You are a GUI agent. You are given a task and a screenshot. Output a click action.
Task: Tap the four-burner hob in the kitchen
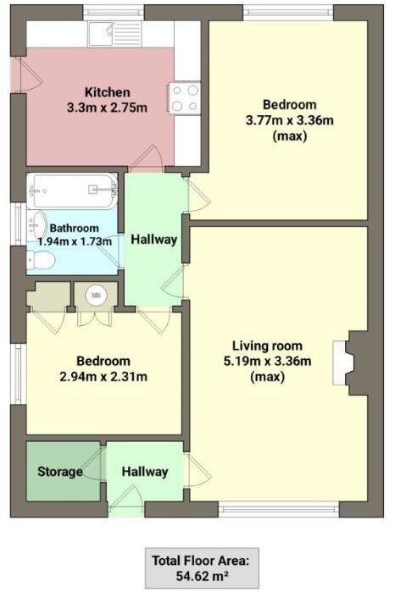184,97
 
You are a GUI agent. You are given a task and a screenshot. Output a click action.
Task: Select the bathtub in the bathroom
72,191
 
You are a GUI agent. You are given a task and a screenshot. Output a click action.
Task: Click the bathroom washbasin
36,225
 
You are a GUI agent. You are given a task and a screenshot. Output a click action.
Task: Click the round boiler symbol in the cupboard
94,296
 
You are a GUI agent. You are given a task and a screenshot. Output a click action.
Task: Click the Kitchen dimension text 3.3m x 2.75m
107,108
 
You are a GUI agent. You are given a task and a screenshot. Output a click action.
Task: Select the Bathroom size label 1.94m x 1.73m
75,241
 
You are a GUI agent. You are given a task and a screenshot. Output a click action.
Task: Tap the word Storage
60,472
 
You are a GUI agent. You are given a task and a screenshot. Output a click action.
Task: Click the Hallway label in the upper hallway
153,240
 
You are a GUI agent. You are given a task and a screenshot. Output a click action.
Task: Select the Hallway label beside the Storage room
144,472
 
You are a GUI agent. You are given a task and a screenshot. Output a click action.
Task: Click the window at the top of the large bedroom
287,13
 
